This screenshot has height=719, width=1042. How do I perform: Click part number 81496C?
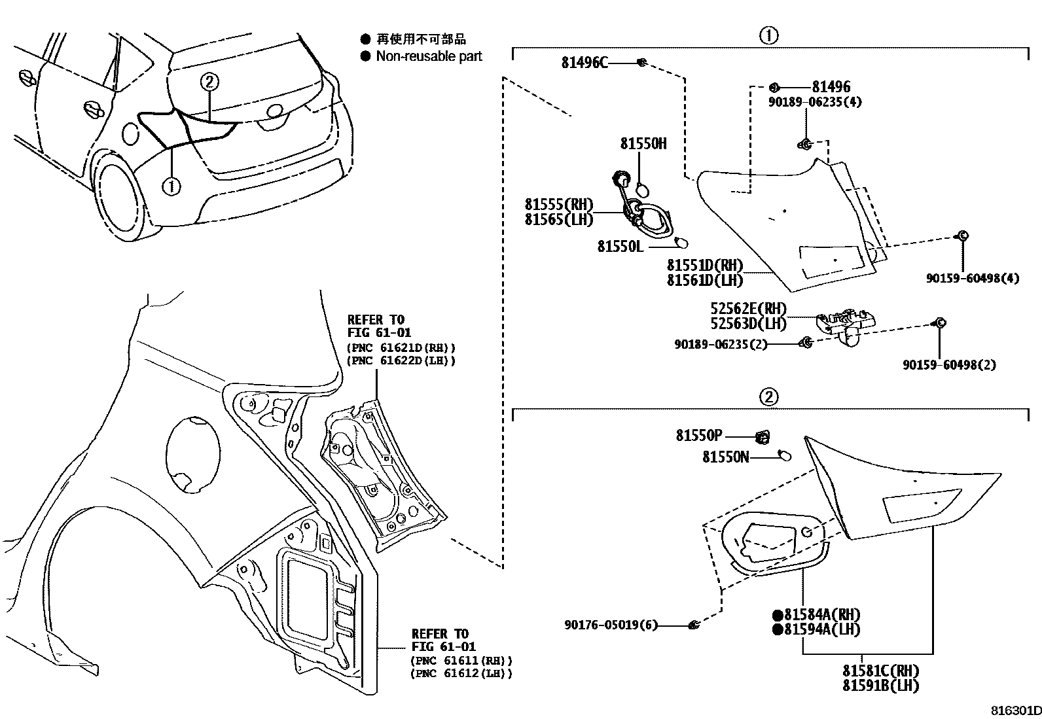pyautogui.click(x=584, y=62)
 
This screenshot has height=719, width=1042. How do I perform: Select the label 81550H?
pyautogui.click(x=643, y=143)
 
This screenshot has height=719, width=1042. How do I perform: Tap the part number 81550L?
pyautogui.click(x=620, y=246)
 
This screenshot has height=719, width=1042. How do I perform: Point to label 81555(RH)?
pyautogui.click(x=558, y=204)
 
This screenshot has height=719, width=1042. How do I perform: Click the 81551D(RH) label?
pyautogui.click(x=705, y=266)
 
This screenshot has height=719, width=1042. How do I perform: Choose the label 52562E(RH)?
pyautogui.click(x=748, y=308)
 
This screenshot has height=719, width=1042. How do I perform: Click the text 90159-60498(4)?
pyautogui.click(x=972, y=278)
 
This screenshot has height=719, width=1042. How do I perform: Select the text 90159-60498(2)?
pyautogui.click(x=949, y=365)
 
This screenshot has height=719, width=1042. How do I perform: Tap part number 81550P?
pyautogui.click(x=699, y=436)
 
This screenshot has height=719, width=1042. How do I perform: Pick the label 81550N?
pyautogui.click(x=725, y=457)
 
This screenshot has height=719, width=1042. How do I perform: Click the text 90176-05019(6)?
pyautogui.click(x=610, y=625)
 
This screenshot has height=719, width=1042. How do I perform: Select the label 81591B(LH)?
pyautogui.click(x=880, y=686)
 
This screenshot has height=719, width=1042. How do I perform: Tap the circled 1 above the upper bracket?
pyautogui.click(x=768, y=35)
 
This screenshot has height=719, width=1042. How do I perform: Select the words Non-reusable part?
pyautogui.click(x=429, y=56)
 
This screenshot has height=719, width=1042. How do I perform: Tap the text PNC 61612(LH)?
pyautogui.click(x=461, y=673)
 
